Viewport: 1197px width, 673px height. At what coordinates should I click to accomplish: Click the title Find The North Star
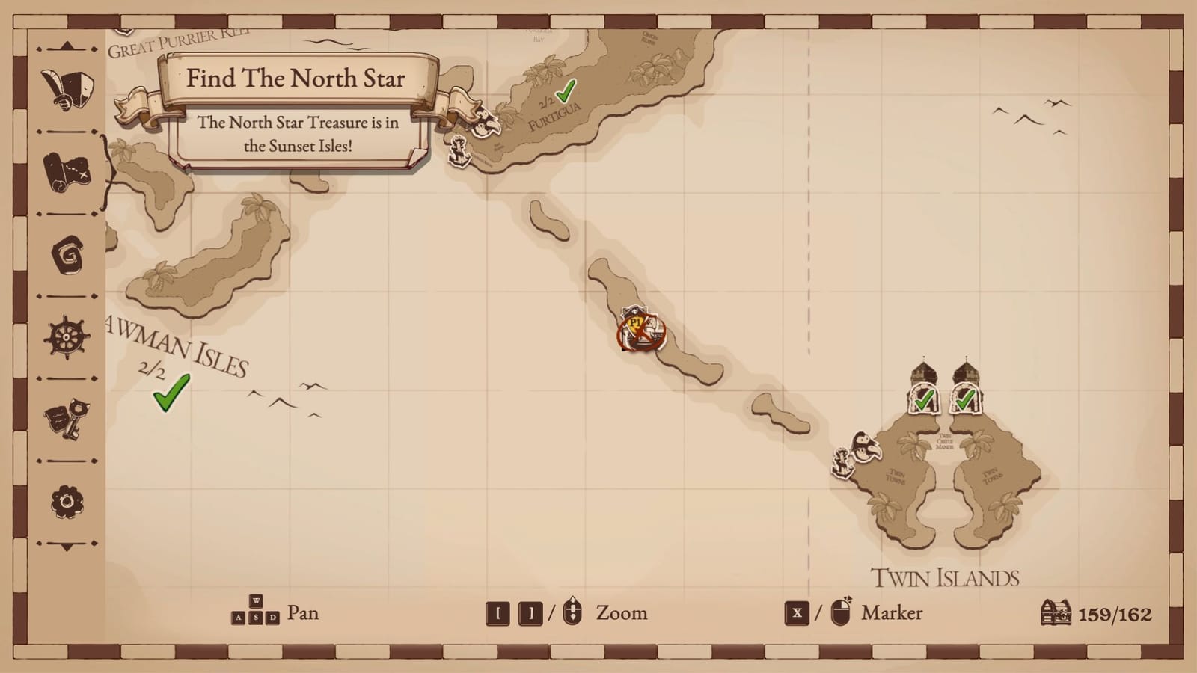[296, 79]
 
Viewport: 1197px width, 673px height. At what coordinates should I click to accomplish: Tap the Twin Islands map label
[945, 578]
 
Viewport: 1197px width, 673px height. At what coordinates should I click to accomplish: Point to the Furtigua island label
[554, 118]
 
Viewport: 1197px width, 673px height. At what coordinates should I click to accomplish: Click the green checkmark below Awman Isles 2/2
[171, 393]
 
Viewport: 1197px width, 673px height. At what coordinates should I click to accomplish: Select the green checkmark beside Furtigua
[566, 91]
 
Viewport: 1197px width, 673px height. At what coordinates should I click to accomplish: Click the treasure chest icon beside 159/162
[1056, 613]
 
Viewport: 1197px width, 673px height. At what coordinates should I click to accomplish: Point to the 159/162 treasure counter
[1115, 615]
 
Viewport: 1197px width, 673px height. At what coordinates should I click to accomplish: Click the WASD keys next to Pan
[255, 611]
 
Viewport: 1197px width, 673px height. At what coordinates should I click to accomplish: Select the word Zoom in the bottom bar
[622, 613]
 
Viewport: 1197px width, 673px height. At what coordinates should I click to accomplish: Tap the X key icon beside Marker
[797, 613]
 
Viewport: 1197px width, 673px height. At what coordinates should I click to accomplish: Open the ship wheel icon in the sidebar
[67, 337]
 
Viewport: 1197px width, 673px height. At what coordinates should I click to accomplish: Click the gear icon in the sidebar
[67, 501]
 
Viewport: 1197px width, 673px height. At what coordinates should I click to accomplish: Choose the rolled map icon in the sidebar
[67, 172]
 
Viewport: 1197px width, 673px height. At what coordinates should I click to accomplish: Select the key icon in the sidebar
[67, 419]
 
